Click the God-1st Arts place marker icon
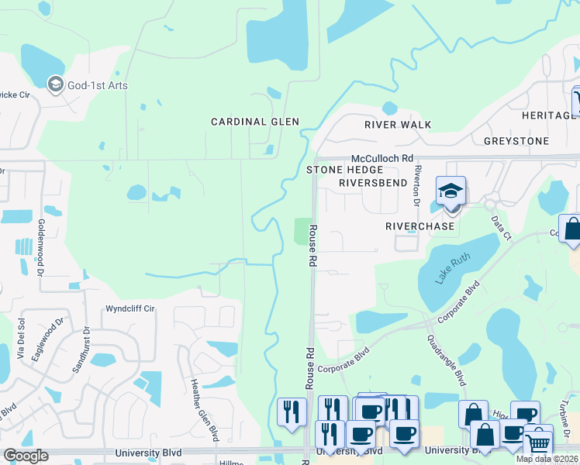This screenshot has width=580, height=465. coord(55,84)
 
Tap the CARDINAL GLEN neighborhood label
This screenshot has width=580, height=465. coord(255,122)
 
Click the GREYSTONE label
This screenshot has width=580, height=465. coord(516,141)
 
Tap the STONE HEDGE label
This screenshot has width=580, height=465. coord(345,170)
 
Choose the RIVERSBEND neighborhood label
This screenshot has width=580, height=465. coord(373,183)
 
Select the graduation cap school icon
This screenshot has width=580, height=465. coord(451,191)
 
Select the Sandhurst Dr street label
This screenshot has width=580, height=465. coord(81,350)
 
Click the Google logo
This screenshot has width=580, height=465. coord(26,456)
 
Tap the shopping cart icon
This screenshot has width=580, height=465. coord(538,443)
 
